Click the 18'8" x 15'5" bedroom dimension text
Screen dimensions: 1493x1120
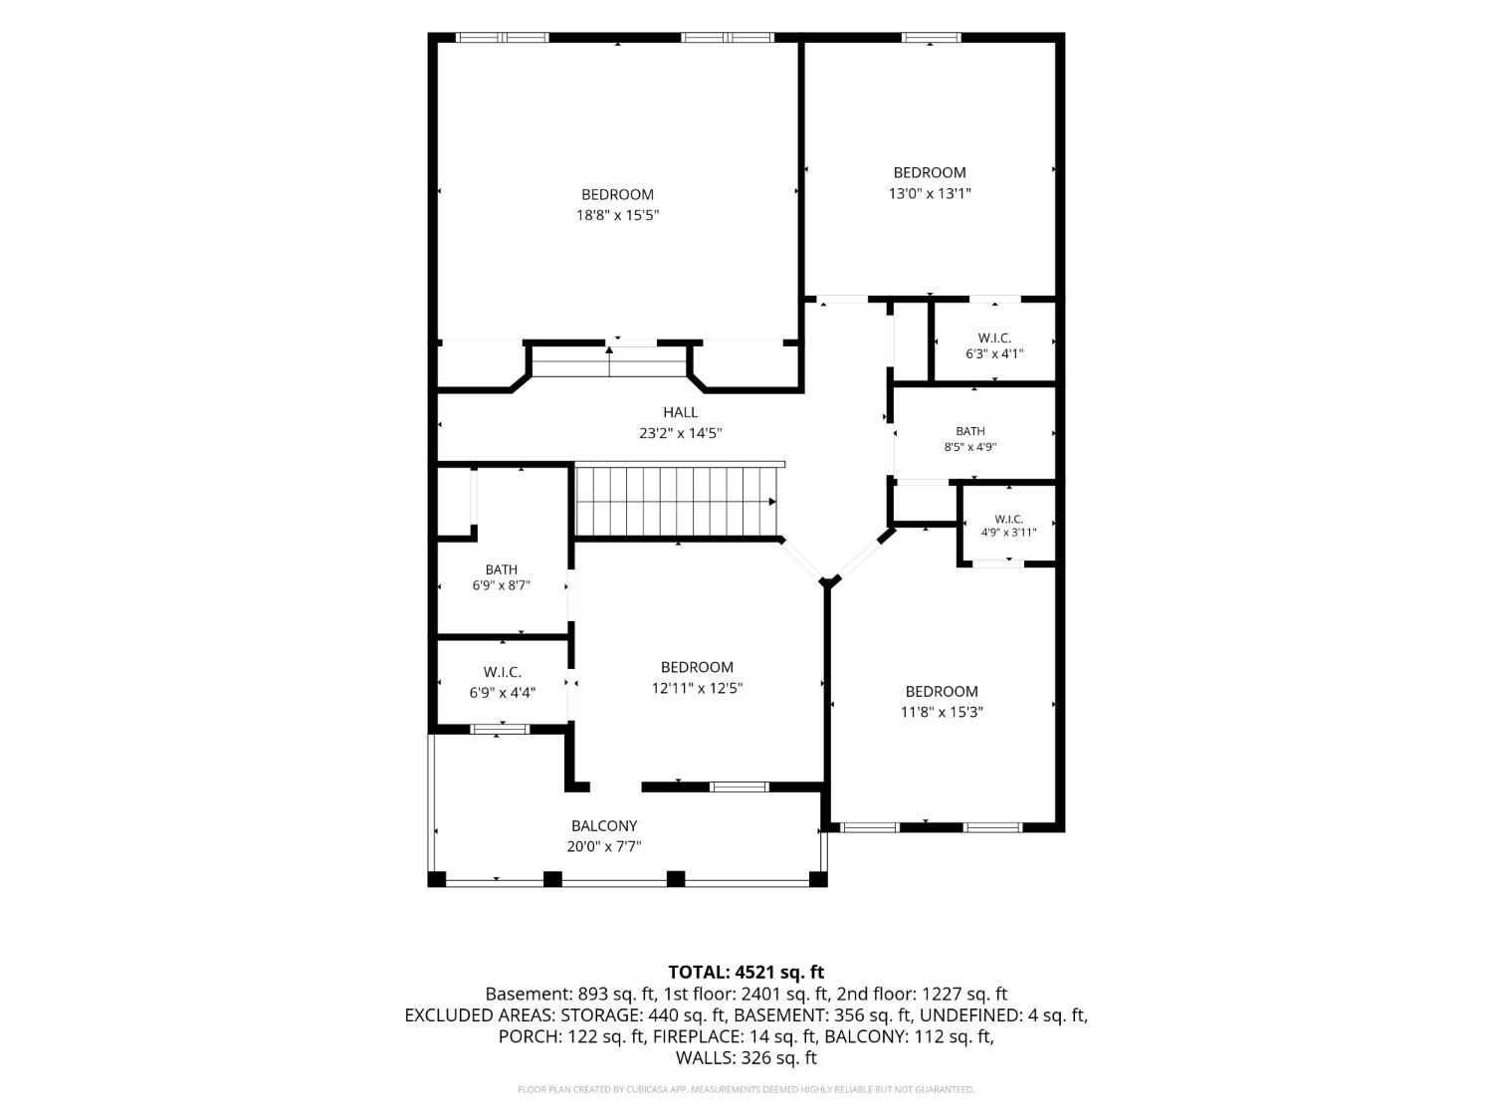(x=618, y=216)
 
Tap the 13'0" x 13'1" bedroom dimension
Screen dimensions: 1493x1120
(x=929, y=193)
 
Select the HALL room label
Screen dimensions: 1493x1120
(x=680, y=412)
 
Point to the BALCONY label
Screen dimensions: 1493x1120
(x=604, y=825)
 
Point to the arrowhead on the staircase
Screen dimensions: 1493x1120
(x=772, y=502)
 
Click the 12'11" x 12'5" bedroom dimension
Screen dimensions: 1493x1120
(x=697, y=688)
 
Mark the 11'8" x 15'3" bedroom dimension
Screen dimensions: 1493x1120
(x=942, y=712)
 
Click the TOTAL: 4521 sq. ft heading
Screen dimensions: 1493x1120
(x=746, y=972)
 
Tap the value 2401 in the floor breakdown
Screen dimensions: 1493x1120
(x=758, y=994)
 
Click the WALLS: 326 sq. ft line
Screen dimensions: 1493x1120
(x=746, y=1058)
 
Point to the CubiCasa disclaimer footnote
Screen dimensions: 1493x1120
(x=746, y=1089)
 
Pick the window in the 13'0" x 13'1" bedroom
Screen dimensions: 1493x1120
(x=932, y=38)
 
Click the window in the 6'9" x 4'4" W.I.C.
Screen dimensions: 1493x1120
(x=500, y=729)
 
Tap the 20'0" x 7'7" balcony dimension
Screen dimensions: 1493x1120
(x=604, y=846)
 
